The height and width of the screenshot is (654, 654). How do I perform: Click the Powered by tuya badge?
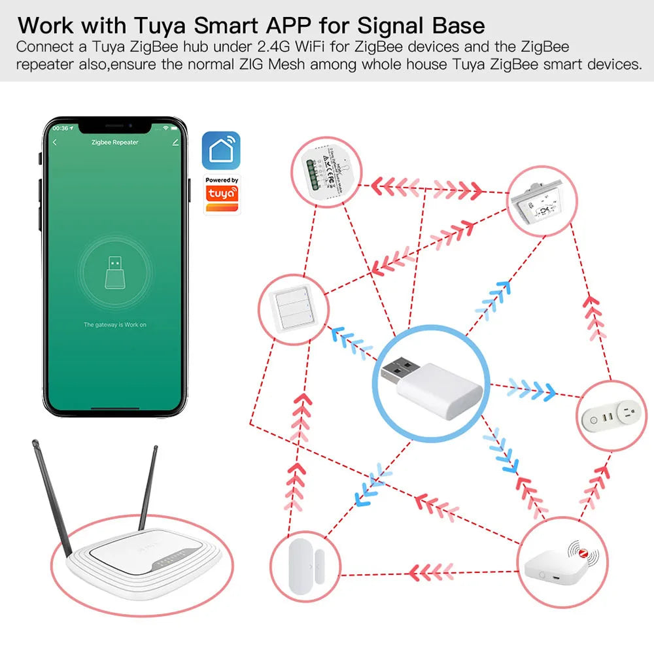coord(222,194)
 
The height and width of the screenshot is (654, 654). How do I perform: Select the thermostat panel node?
coord(543,201)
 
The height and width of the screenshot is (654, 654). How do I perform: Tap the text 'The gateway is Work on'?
coord(114,324)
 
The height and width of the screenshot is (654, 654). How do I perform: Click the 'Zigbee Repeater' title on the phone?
coord(114,142)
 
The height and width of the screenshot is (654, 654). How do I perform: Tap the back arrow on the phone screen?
coord(55,142)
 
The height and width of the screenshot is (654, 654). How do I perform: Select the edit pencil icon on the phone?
coord(175,142)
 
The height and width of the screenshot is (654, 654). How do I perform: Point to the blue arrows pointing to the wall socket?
coord(531,388)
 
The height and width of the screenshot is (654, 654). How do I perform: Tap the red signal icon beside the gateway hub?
coord(583,553)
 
